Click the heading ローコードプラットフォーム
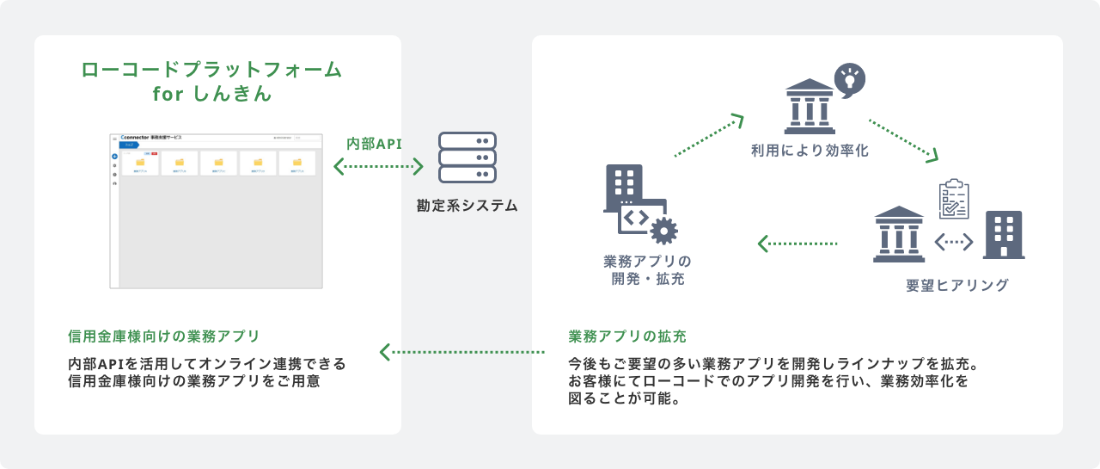point(211,70)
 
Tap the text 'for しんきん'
point(211,95)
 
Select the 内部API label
point(374,143)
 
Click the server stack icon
point(467,157)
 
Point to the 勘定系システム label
point(467,206)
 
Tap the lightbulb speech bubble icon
point(850,79)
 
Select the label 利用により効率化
point(810,151)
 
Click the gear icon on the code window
point(664,231)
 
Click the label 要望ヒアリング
point(957,285)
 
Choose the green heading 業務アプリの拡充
point(627,336)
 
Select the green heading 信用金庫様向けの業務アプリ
point(163,336)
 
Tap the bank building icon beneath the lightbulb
point(810,102)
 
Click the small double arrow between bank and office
point(954,243)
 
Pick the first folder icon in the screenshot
point(140,162)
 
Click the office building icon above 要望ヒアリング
point(1003,234)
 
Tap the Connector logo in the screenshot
point(136,138)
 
